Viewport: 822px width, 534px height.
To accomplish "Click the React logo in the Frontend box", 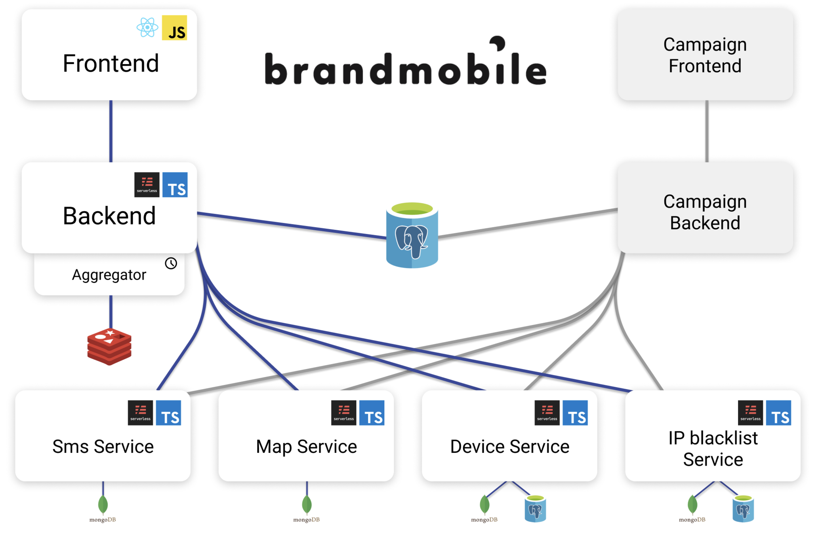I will click(147, 28).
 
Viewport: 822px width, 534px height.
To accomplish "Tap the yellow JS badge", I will click(174, 28).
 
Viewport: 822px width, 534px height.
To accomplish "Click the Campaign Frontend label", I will click(704, 55).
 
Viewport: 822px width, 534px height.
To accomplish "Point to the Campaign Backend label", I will click(704, 212).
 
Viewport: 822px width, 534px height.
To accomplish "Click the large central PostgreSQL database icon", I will click(412, 235).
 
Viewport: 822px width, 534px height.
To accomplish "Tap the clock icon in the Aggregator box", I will click(171, 263).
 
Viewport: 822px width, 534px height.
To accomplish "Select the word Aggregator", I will click(109, 275).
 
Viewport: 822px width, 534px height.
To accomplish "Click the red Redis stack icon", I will click(109, 346).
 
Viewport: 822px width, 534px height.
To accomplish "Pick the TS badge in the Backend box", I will click(175, 185).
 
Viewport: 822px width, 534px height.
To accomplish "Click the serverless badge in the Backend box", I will click(147, 185).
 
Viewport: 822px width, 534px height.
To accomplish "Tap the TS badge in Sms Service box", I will click(168, 413).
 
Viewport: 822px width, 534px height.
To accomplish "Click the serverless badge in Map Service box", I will click(343, 413).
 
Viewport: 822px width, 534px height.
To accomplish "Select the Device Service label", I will click(509, 447).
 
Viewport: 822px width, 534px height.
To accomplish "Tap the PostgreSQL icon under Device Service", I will click(535, 509).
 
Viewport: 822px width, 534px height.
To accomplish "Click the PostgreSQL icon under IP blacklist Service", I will click(743, 509).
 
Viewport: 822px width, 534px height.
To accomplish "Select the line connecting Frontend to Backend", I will click(111, 131).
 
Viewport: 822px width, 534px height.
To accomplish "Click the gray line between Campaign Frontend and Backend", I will click(707, 131).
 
